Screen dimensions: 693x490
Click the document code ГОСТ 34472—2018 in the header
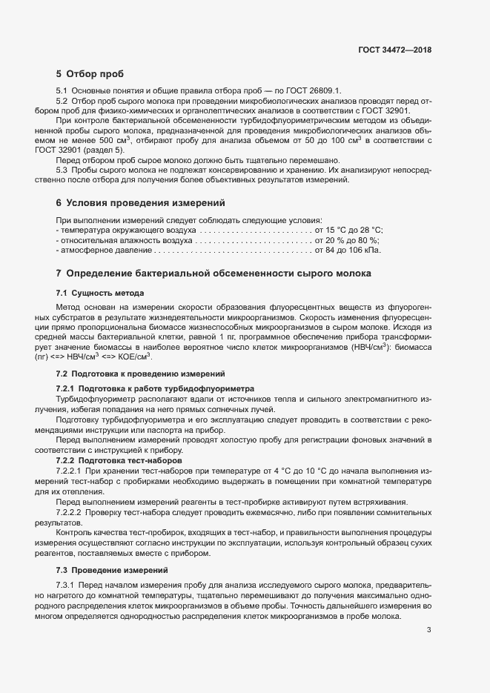point(394,50)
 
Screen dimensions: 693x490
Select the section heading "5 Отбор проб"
point(90,74)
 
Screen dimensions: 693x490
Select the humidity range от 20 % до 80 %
point(347,240)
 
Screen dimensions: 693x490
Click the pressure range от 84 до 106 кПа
point(348,251)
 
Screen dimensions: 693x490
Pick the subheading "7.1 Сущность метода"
point(100,293)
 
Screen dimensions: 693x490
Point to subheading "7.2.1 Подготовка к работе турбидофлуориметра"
point(155,388)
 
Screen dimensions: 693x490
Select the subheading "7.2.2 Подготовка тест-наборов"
point(120,460)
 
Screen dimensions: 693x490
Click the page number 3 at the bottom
point(429,630)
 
